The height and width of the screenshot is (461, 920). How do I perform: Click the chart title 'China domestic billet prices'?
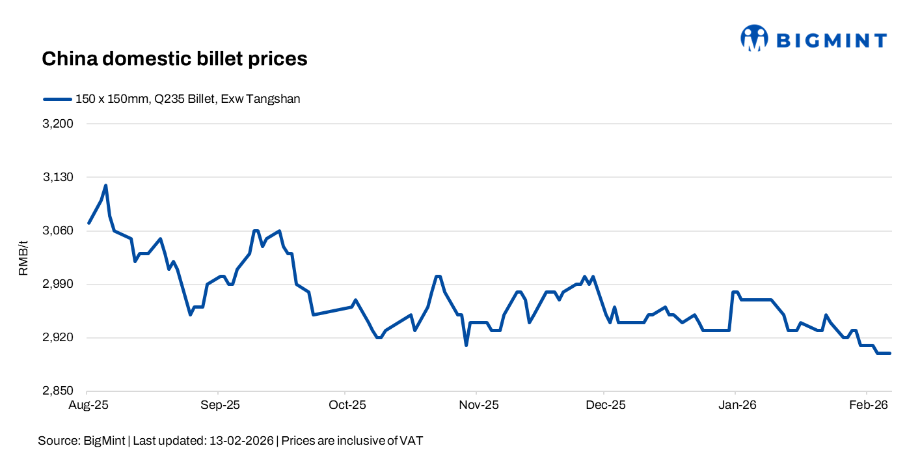click(174, 59)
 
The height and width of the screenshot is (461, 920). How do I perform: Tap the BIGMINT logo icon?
click(754, 38)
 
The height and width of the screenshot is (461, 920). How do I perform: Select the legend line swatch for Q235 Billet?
click(57, 100)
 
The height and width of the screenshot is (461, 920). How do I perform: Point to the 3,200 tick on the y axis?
click(60, 124)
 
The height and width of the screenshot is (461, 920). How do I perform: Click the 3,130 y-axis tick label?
click(60, 177)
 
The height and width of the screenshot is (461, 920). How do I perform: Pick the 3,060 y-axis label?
click(60, 230)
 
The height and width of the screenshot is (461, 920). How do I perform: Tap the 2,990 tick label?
click(60, 285)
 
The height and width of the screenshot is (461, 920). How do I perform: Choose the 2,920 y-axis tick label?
click(60, 338)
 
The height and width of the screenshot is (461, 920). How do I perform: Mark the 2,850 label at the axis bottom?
click(60, 391)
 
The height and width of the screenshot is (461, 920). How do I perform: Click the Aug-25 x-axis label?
click(88, 405)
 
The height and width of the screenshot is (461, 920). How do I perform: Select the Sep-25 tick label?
click(220, 405)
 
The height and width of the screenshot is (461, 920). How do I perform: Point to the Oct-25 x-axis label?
click(347, 405)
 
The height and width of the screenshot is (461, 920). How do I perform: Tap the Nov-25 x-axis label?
click(478, 405)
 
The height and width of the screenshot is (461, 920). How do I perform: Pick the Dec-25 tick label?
click(606, 405)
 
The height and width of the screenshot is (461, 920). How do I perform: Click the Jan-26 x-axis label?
click(737, 405)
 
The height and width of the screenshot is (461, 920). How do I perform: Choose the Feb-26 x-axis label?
click(868, 405)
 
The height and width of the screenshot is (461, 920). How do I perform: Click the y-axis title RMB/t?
click(24, 258)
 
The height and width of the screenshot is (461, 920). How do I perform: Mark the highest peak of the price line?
click(105, 186)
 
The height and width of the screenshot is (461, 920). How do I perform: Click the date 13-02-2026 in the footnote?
click(242, 441)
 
